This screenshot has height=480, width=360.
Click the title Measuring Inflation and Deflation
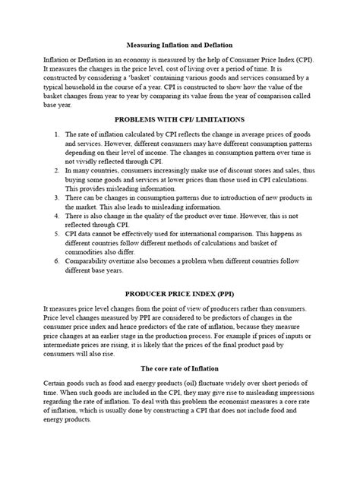(x=180, y=46)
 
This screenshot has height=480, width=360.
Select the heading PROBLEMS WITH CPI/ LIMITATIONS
(x=180, y=119)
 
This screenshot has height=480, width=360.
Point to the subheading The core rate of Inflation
(x=180, y=369)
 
